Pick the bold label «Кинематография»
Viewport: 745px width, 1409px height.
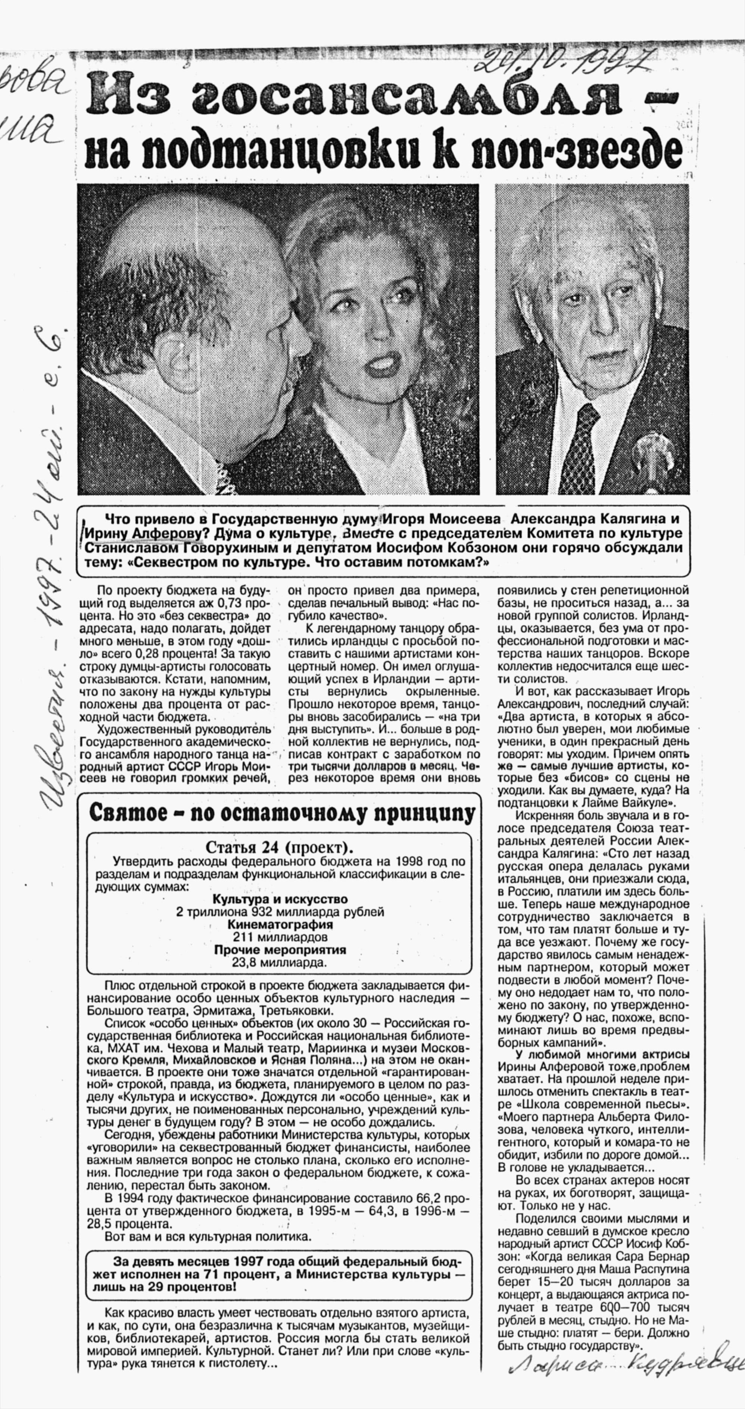280,925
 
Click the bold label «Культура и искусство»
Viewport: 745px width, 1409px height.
280,899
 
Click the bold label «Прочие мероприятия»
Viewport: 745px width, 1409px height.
280,950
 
